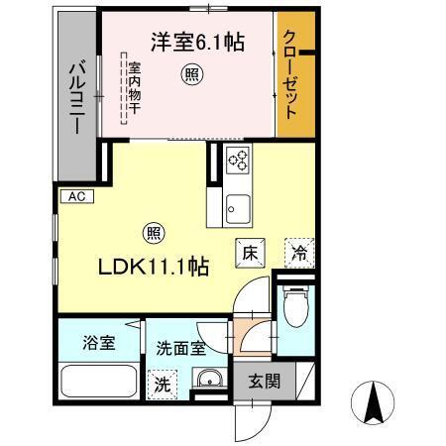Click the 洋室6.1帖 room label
pyautogui.click(x=197, y=43)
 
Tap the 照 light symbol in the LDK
pyautogui.click(x=154, y=233)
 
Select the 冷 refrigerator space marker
pyautogui.click(x=297, y=253)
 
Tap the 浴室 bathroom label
pyautogui.click(x=98, y=343)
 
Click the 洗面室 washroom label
pyautogui.click(x=179, y=349)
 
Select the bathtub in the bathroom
pyautogui.click(x=97, y=381)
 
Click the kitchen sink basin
pyautogui.click(x=237, y=207)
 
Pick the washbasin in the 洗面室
pyautogui.click(x=207, y=384)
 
